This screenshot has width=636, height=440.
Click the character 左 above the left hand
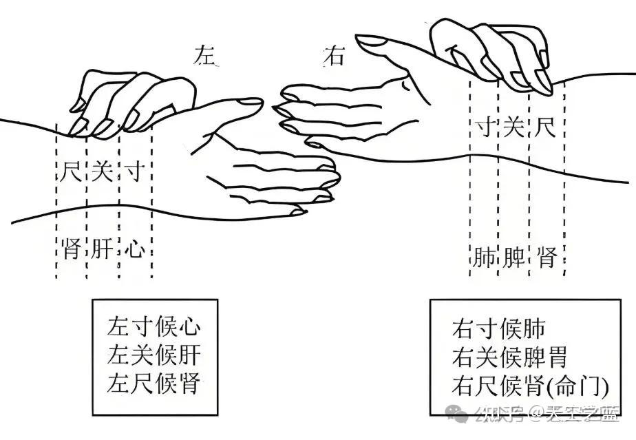click(206, 56)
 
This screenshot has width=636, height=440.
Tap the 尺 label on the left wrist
click(70, 171)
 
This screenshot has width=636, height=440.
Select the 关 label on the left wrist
click(102, 171)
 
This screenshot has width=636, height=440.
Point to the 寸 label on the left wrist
click(134, 171)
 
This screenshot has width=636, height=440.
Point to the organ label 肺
click(485, 258)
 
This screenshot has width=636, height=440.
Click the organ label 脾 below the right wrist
click(513, 258)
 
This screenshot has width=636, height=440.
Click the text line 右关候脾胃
click(510, 357)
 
